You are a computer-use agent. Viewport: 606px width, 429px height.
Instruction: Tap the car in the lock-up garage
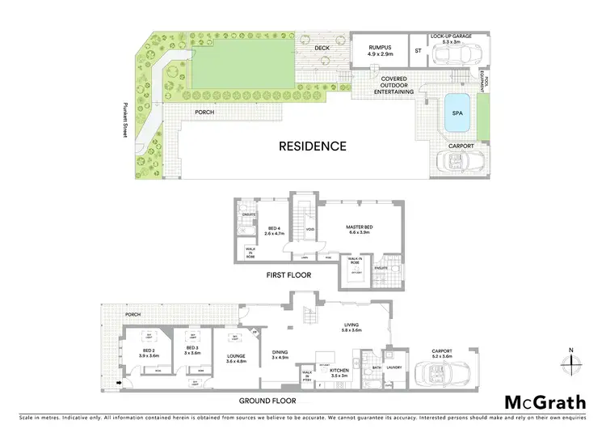(453, 56)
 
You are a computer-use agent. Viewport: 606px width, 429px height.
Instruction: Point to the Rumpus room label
(381, 50)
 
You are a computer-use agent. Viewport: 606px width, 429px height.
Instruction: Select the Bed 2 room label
(148, 353)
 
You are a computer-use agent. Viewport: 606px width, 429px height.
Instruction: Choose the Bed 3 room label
(191, 350)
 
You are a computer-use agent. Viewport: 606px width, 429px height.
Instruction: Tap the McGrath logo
(546, 402)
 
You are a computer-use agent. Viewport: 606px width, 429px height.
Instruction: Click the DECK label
(322, 48)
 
